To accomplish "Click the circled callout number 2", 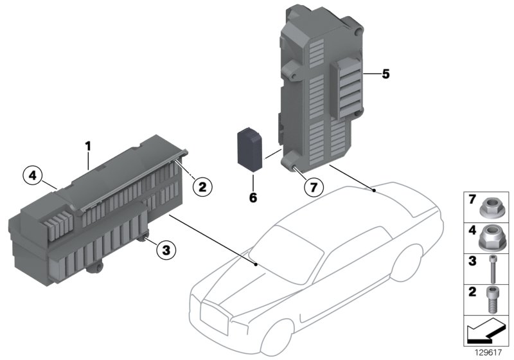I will (x=201, y=187).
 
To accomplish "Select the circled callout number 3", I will (x=166, y=251).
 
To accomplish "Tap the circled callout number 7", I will (x=312, y=188).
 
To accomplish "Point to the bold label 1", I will (x=89, y=147).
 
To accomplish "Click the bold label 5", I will (x=385, y=74).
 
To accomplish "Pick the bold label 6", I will (x=253, y=198).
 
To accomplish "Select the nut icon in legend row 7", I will (x=490, y=207).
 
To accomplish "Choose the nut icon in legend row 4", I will (x=490, y=239).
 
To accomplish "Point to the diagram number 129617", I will (x=491, y=353).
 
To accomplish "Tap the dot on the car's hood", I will (x=256, y=264).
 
